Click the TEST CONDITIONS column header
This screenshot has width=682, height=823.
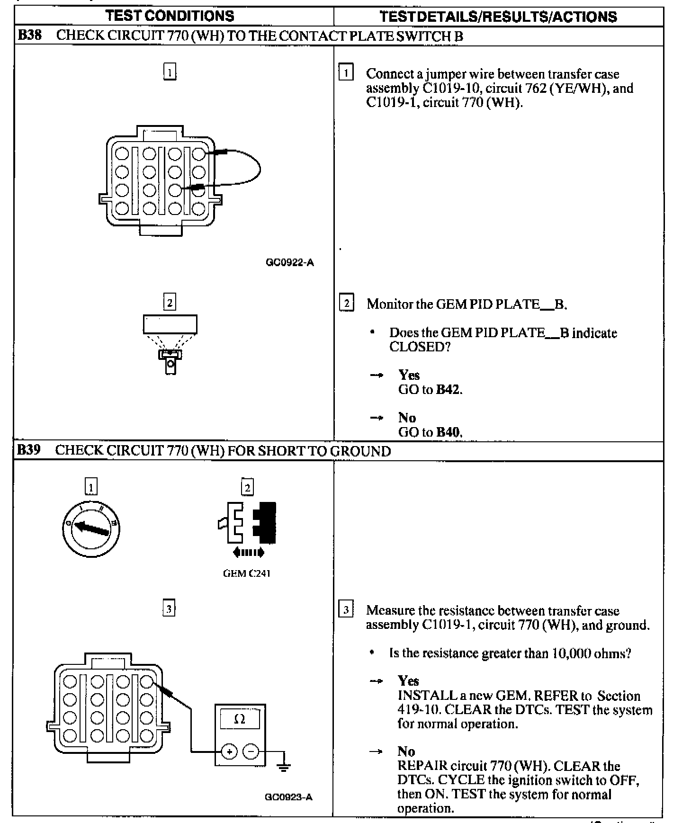click(170, 16)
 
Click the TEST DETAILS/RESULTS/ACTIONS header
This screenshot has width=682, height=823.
click(498, 17)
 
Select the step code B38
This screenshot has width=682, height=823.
click(29, 36)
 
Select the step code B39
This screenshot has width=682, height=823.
click(28, 450)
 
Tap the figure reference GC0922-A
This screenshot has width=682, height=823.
click(290, 263)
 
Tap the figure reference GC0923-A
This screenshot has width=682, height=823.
click(288, 797)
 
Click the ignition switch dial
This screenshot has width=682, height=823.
click(91, 528)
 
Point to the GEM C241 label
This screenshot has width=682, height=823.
click(247, 573)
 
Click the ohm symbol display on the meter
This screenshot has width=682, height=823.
click(240, 720)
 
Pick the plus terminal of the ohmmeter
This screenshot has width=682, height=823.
click(230, 752)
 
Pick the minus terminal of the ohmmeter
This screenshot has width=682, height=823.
click(251, 752)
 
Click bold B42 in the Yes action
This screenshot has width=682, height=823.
click(448, 390)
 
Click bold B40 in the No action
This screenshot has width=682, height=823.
click(448, 432)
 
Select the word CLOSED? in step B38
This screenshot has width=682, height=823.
click(419, 347)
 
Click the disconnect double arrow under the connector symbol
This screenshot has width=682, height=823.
click(249, 553)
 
